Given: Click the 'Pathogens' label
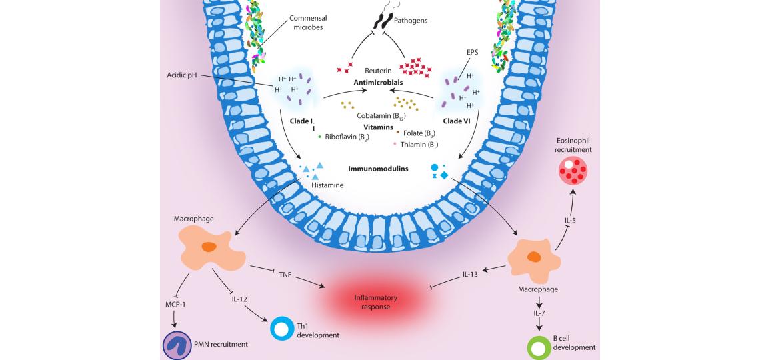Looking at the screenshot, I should point(411,21).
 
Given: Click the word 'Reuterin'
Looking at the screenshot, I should point(377,70).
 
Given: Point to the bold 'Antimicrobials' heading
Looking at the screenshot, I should point(379,83).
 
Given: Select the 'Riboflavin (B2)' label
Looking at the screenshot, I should point(347,137).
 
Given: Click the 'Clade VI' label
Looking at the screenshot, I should point(457,121).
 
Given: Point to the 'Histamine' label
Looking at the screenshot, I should point(327,185).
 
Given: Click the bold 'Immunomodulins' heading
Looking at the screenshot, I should point(378,169).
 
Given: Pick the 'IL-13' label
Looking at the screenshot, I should point(471,274).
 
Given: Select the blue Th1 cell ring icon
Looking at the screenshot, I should point(283,329).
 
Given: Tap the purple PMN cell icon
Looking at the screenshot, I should point(177,344).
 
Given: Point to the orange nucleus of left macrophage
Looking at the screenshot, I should point(209,247).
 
